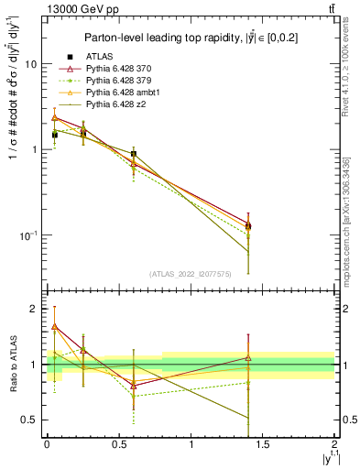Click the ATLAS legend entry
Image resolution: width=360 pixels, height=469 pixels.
pos(99,57)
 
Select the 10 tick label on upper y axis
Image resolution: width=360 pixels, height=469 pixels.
pos(30,65)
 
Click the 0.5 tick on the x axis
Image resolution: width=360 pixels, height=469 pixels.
pos(118,445)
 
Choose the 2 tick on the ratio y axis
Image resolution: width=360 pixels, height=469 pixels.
pos(33,310)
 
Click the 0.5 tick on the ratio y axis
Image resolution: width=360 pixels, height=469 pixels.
pos(29,420)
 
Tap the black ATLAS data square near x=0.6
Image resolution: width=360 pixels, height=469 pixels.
pos(134,154)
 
